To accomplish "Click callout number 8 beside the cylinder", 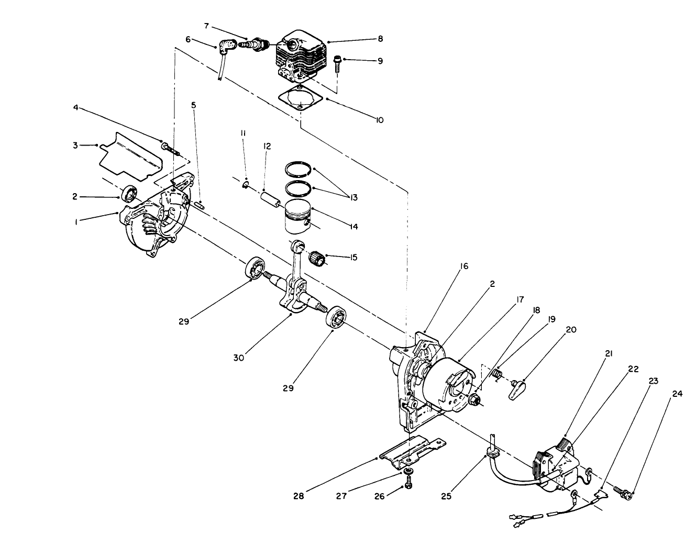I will coord(380,39).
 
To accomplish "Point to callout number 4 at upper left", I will coord(76,108).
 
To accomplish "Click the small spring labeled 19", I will coord(497,375).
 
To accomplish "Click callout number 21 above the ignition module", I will coord(609,353).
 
